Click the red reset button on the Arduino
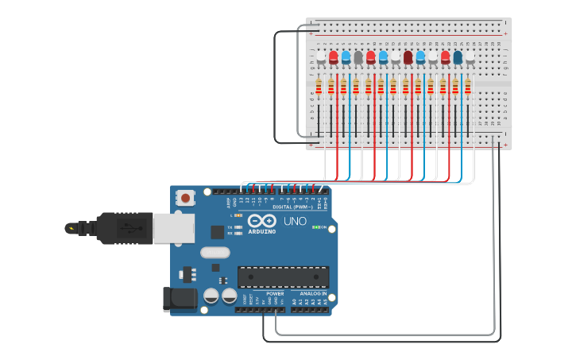point(185,197)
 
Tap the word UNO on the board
point(295,221)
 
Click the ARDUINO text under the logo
point(261,231)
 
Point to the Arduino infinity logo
point(261,220)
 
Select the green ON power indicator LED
point(316,227)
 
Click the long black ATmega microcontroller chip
point(283,277)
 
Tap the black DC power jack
point(180,299)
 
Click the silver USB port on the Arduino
point(172,228)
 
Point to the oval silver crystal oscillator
point(214,253)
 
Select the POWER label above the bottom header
point(275,293)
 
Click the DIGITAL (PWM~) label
point(292,207)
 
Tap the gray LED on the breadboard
point(358,57)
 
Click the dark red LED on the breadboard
point(408,57)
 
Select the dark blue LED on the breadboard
point(458,57)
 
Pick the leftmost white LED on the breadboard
point(321,57)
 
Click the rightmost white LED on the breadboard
point(470,57)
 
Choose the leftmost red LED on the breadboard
point(334,57)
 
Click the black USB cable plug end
point(79,228)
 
